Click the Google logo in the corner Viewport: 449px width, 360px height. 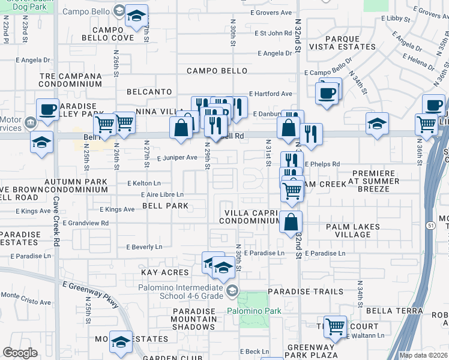pos(20,353)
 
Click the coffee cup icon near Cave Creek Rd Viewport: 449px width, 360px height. pos(48,110)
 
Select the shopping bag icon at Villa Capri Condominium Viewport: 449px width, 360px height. pos(291,221)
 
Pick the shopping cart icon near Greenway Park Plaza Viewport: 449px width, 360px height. pos(335,326)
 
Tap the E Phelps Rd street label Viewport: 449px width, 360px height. pos(322,164)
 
